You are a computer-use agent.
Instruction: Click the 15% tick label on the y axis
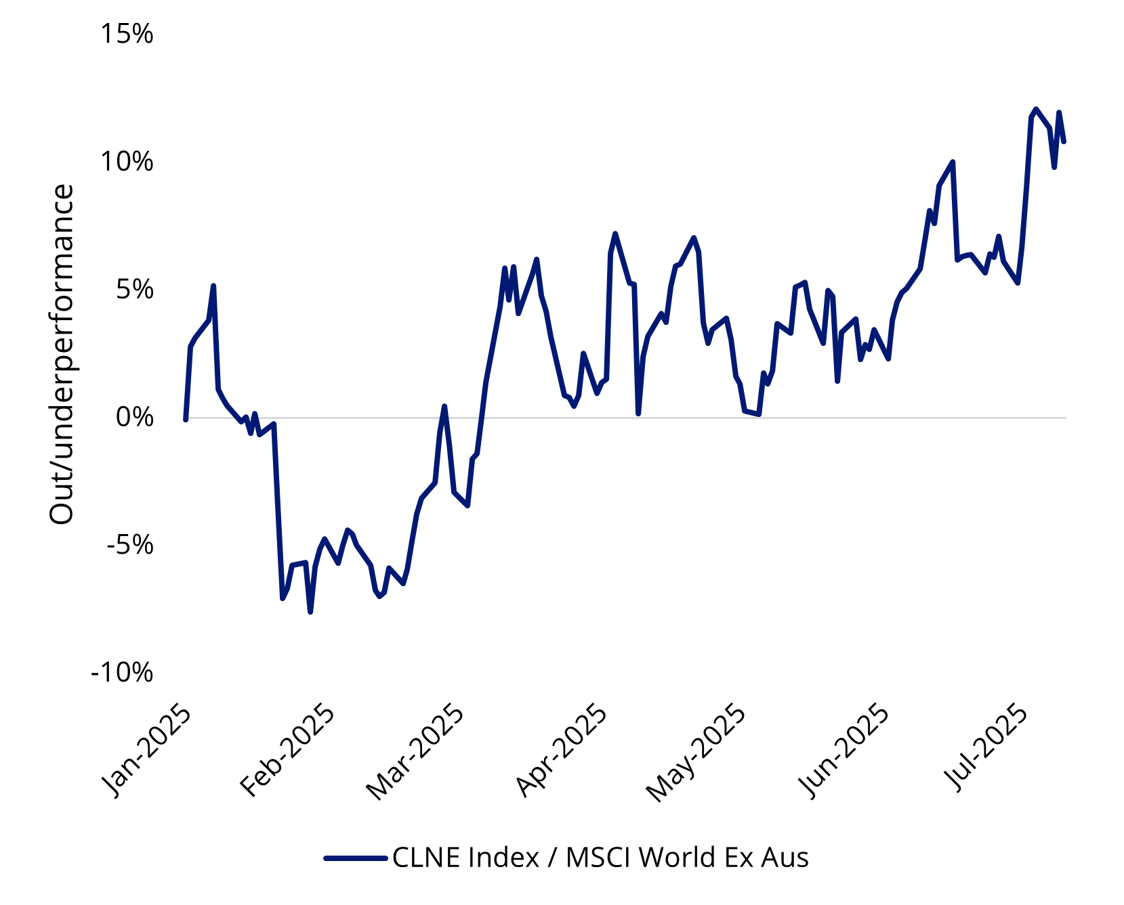[x=127, y=35]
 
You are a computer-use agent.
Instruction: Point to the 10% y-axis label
[x=127, y=162]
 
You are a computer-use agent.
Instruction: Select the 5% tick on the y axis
[x=134, y=290]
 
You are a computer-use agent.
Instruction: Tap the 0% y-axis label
[x=134, y=417]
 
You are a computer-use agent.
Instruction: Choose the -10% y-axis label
[x=123, y=673]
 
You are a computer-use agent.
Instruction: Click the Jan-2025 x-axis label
[x=146, y=751]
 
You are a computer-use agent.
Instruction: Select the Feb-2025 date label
[x=288, y=751]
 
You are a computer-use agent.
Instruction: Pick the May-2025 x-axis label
[x=696, y=754]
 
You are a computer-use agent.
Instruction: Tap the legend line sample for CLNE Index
[x=356, y=858]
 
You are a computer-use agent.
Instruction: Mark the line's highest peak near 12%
[x=1035, y=109]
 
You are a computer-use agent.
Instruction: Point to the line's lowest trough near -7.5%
[x=310, y=611]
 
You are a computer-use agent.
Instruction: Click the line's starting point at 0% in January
[x=186, y=419]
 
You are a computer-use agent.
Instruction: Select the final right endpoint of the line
[x=1064, y=141]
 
